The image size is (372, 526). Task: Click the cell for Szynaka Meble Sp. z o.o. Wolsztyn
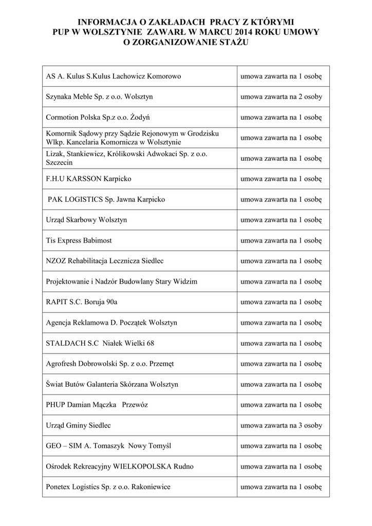click(x=100, y=97)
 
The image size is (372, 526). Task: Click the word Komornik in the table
click(x=61, y=134)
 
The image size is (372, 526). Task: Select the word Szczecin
click(x=59, y=162)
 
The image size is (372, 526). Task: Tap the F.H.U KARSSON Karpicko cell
click(x=89, y=179)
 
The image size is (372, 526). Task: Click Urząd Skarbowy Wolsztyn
click(x=86, y=220)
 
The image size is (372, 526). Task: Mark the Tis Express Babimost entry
click(x=79, y=240)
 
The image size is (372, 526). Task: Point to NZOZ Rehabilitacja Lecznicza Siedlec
click(x=105, y=261)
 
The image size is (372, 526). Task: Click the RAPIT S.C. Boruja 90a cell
click(x=85, y=302)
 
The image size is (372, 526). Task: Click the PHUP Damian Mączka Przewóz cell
click(x=97, y=405)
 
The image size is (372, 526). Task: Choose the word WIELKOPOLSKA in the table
click(x=150, y=466)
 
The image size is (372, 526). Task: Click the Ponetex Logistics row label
click(x=108, y=487)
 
